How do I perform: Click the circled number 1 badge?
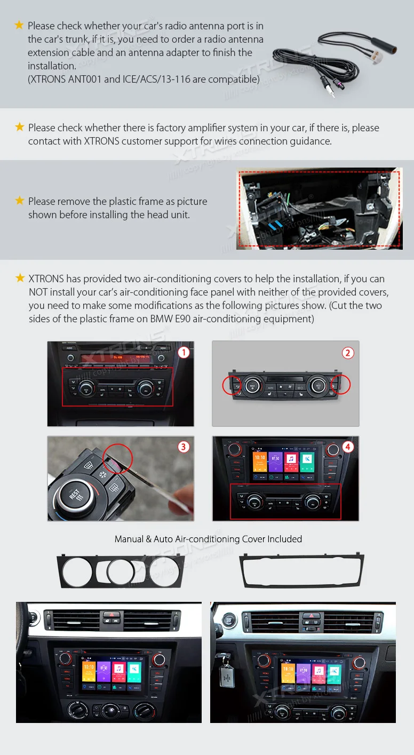183,353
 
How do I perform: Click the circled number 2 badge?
348,353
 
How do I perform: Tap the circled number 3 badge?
183,447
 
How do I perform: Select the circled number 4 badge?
348,447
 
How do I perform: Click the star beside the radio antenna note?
19,25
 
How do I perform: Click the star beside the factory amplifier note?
20,127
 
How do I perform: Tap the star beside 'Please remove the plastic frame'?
20,201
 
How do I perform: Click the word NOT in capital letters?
38,292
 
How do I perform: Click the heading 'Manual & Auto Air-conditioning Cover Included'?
208,539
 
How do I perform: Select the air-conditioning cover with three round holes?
121,571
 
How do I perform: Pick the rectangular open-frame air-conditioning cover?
301,570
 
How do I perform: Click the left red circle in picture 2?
232,385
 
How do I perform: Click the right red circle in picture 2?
340,384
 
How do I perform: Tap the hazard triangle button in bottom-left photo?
112,615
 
